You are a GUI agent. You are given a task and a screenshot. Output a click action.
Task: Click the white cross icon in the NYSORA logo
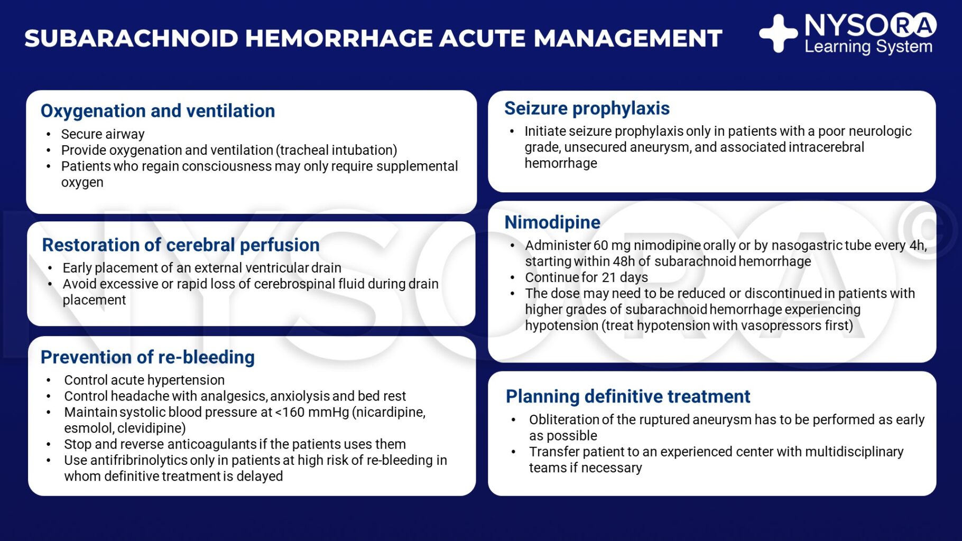coord(778,33)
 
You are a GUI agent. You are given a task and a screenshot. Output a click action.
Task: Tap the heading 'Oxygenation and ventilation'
coord(158,111)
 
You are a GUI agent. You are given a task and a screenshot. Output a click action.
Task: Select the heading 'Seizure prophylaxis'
coord(587,108)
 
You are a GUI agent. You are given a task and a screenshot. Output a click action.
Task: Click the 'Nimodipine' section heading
coord(552,222)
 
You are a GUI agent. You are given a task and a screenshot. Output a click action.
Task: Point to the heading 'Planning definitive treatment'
coord(628,396)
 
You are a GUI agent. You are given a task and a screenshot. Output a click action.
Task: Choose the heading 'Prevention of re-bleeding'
coord(147,357)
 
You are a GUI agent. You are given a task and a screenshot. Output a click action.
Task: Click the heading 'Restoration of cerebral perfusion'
coord(181,245)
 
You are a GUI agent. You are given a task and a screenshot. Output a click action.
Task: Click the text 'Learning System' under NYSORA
coord(868,47)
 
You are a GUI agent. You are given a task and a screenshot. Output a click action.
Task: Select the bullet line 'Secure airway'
coord(103,134)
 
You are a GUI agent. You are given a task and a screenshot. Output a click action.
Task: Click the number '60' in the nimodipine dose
coord(601,246)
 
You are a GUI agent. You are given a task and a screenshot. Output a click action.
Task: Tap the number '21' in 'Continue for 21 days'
coord(609,277)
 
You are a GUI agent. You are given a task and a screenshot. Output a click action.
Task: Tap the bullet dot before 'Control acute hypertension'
coord(49,380)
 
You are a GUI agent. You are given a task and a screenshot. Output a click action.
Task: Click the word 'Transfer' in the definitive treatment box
coord(550,452)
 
